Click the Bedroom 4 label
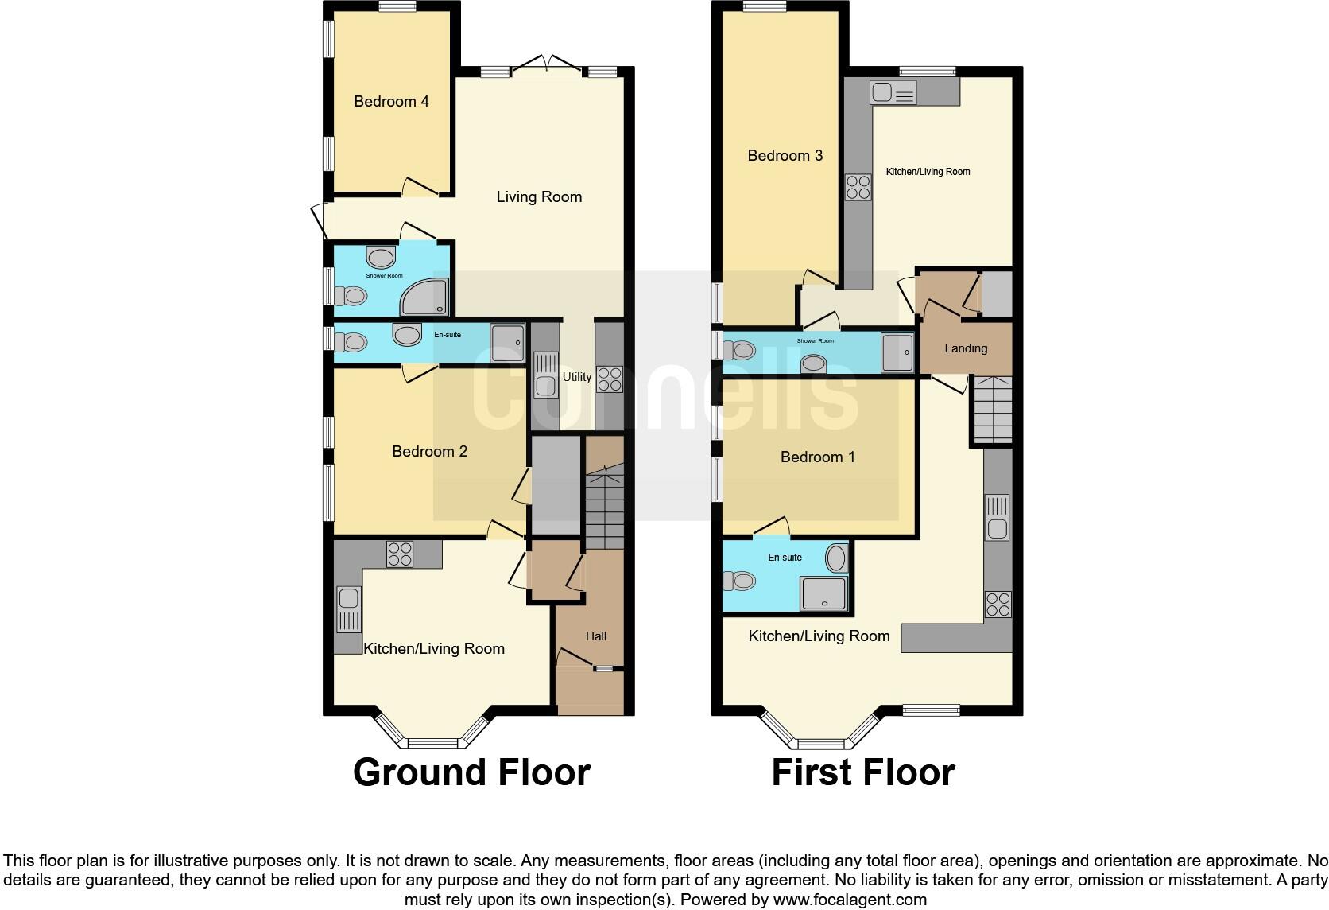(391, 101)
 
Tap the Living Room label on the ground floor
(539, 196)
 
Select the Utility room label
(577, 377)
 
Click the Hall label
(596, 636)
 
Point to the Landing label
(966, 348)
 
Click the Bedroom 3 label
(785, 155)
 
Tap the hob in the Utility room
(610, 378)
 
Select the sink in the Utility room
(546, 376)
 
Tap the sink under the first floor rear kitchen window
(893, 93)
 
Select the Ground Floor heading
(471, 772)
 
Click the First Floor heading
(862, 772)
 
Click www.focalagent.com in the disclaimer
(849, 900)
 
